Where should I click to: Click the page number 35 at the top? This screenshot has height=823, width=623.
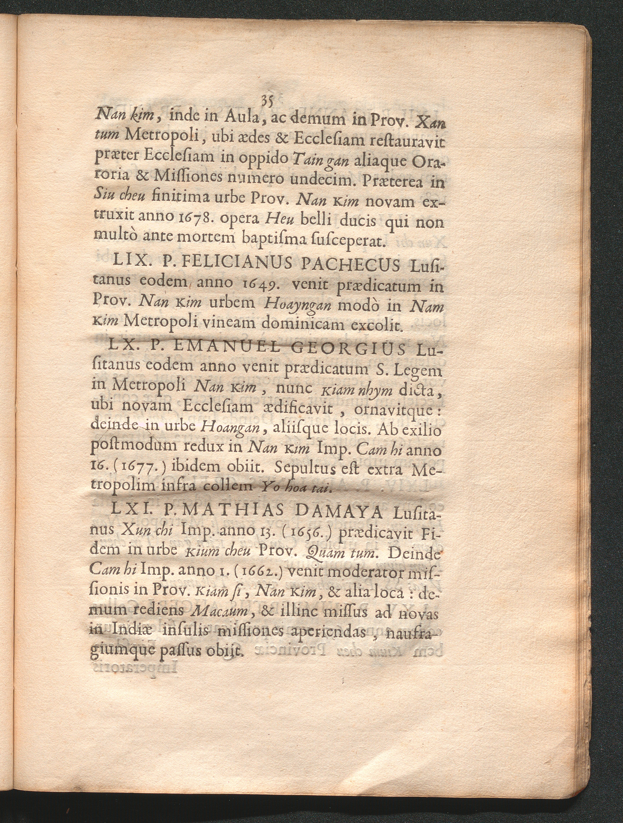(x=268, y=101)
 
